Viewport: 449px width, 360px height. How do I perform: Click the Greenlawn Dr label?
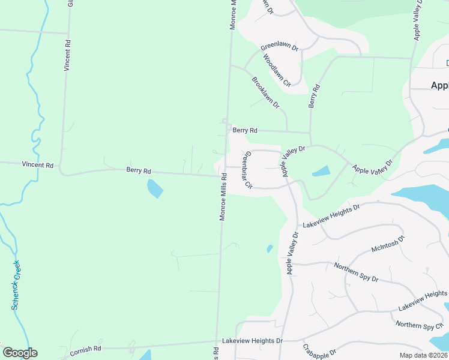[x=279, y=47]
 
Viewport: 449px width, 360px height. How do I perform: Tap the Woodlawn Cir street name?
[x=277, y=71]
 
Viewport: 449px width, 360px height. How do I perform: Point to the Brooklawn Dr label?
[x=266, y=92]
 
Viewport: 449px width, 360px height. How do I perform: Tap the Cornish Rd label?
[x=86, y=348]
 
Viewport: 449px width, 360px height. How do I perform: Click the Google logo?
[x=20, y=353]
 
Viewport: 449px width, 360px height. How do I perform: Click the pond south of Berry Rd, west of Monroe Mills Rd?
[x=155, y=188]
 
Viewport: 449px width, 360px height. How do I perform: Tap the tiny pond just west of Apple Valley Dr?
[x=270, y=248]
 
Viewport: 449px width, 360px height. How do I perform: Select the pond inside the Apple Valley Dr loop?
[x=321, y=171]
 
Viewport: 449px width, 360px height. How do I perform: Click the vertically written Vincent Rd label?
[x=68, y=56]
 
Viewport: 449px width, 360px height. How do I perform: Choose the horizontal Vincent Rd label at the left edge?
[x=37, y=164]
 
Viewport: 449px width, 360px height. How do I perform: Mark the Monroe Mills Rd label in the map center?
[x=223, y=197]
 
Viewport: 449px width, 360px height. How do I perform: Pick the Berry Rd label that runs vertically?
[x=313, y=97]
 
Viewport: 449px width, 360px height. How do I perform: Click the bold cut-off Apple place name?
[x=439, y=85]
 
